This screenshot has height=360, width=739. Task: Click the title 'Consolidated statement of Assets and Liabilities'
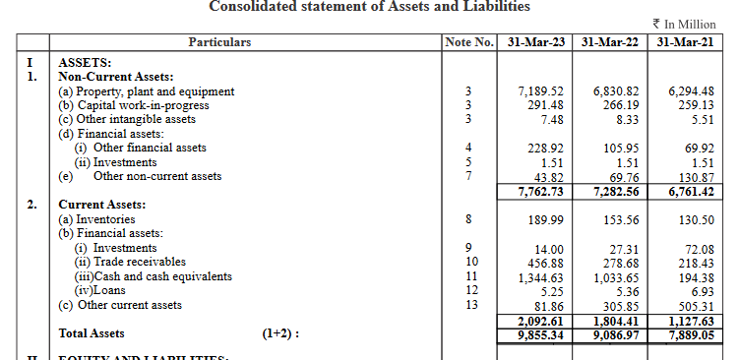[369, 7]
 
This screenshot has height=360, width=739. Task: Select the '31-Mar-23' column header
[533, 42]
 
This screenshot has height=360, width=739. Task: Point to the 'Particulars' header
[220, 42]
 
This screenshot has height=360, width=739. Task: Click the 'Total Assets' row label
[92, 333]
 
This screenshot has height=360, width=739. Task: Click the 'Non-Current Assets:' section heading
[116, 77]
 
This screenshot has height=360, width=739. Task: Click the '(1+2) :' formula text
[279, 333]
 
